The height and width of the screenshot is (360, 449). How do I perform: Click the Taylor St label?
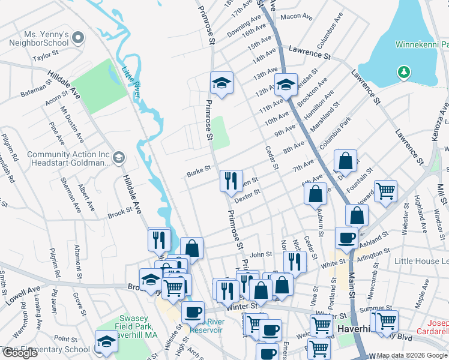(45, 58)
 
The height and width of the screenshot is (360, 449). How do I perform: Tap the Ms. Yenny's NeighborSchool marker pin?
(77, 39)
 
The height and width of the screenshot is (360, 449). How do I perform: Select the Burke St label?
(198, 170)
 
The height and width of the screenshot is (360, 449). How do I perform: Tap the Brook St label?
(119, 212)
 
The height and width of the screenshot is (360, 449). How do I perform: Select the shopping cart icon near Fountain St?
(385, 191)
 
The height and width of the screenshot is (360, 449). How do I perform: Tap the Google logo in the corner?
(20, 353)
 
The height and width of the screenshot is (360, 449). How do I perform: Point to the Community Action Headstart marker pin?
(118, 158)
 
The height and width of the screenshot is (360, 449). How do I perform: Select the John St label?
(261, 255)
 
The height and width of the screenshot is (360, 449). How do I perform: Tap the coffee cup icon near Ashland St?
(346, 238)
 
